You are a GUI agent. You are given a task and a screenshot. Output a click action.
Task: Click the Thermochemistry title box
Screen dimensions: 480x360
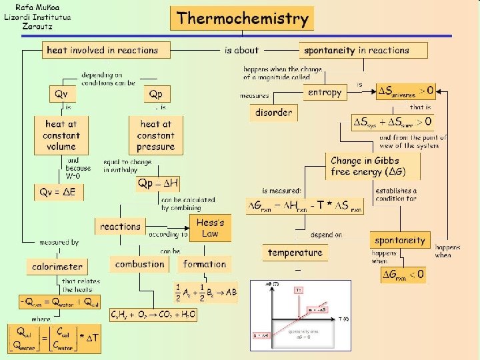click(x=243, y=18)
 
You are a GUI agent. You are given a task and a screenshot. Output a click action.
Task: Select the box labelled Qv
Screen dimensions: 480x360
click(x=61, y=94)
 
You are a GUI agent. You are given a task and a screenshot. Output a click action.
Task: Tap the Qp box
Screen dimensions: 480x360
click(x=156, y=94)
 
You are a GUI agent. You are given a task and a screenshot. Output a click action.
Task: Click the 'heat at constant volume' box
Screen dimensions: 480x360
click(x=61, y=135)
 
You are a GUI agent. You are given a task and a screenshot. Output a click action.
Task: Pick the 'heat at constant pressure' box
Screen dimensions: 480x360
click(x=156, y=135)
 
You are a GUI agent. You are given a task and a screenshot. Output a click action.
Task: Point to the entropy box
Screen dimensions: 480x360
click(x=325, y=93)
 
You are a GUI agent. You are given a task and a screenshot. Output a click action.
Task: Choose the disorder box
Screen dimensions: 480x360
click(x=273, y=113)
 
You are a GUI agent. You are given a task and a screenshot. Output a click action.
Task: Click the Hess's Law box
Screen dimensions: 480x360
click(x=211, y=227)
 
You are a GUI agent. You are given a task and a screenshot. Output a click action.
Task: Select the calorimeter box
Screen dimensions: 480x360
click(x=57, y=267)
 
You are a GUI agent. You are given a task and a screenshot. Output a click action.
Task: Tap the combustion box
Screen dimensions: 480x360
click(x=139, y=264)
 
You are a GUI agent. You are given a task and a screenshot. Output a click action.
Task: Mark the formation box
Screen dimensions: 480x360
click(x=205, y=264)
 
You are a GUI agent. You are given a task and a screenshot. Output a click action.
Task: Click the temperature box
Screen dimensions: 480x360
click(x=295, y=253)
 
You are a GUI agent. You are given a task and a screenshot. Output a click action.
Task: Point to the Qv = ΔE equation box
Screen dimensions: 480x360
click(x=60, y=192)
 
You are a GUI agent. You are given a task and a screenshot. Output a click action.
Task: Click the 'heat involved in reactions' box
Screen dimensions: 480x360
click(x=102, y=50)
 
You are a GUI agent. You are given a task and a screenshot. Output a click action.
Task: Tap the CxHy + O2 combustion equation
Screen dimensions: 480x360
click(x=153, y=315)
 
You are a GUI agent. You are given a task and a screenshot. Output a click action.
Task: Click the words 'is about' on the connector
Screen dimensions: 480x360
click(x=241, y=50)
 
